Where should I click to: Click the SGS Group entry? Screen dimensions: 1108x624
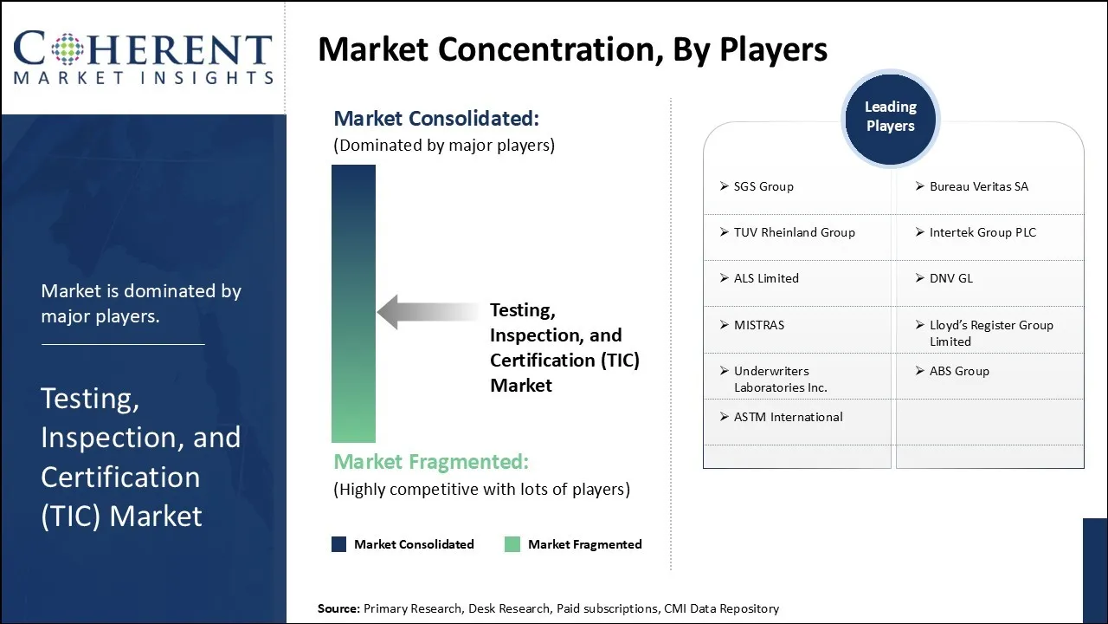(x=763, y=186)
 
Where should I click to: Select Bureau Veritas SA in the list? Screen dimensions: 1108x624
(x=979, y=186)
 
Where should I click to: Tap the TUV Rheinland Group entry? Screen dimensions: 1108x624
(x=795, y=232)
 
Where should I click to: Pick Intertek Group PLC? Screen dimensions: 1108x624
(x=982, y=232)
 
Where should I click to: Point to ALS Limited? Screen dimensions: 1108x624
(x=766, y=278)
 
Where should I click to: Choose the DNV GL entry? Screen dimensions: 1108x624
(x=951, y=278)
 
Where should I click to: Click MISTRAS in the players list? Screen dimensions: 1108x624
(x=759, y=325)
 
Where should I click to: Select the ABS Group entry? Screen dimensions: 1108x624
(x=959, y=371)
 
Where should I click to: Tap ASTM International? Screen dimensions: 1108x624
(x=789, y=417)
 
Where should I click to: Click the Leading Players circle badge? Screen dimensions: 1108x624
(x=891, y=119)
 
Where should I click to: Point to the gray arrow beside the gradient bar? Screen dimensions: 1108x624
(x=428, y=312)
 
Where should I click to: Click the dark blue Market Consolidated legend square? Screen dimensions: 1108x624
(x=338, y=544)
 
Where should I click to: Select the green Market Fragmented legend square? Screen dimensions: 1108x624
(x=512, y=544)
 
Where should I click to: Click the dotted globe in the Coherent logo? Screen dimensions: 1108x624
(x=68, y=49)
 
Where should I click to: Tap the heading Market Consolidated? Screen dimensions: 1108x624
(x=436, y=119)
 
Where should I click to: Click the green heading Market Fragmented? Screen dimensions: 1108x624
(x=431, y=462)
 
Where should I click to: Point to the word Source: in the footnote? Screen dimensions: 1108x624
(x=338, y=608)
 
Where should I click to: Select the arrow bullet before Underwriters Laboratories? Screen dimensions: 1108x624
(x=725, y=370)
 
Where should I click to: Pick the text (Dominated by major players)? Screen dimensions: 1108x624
(x=444, y=146)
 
